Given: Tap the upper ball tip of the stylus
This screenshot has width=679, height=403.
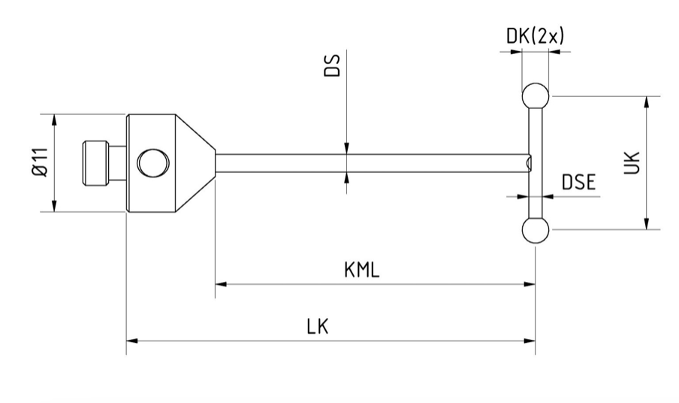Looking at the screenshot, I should tap(534, 95).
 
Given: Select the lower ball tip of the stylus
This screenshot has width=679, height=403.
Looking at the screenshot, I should tap(534, 230).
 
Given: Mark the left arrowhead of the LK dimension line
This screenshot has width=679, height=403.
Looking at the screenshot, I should tap(132, 341).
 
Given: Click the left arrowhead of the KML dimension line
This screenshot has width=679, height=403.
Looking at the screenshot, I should tap(221, 284).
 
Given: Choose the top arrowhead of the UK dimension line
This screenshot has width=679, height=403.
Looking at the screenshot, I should tap(646, 102).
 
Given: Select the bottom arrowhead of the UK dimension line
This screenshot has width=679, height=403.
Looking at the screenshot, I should tap(646, 223).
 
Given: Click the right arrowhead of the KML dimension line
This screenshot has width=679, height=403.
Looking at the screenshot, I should tap(530, 284).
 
